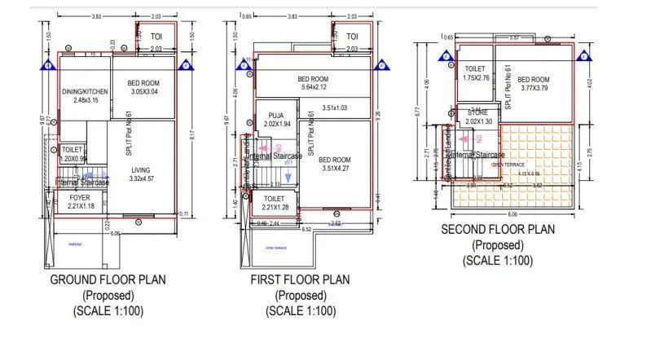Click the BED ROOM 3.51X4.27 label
point(334,165)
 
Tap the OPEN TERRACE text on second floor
point(507,164)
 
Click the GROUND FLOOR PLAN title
point(108,279)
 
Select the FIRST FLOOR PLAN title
point(301,279)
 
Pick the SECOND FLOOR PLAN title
point(497,230)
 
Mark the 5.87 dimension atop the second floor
point(514,37)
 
